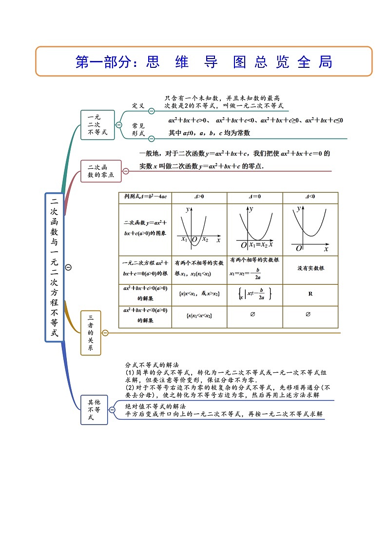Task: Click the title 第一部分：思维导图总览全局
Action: [204, 62]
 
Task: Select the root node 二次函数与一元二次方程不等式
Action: [54, 267]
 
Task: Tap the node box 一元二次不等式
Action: [97, 125]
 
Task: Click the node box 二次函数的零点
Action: [100, 171]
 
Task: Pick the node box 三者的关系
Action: [90, 333]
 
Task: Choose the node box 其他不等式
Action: [94, 410]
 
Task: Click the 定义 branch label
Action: [138, 105]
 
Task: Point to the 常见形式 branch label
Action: [138, 129]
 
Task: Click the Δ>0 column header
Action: [199, 197]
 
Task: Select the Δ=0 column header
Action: [254, 197]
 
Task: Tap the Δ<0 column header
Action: [310, 197]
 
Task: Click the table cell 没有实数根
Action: [310, 268]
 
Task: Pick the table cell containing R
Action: [310, 294]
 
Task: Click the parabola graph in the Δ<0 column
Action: [310, 228]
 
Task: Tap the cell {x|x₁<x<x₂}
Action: [199, 316]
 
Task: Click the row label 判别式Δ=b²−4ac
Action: [145, 197]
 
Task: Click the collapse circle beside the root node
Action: [69, 267]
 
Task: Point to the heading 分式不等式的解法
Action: [152, 365]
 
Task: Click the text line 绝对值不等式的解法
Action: [155, 406]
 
